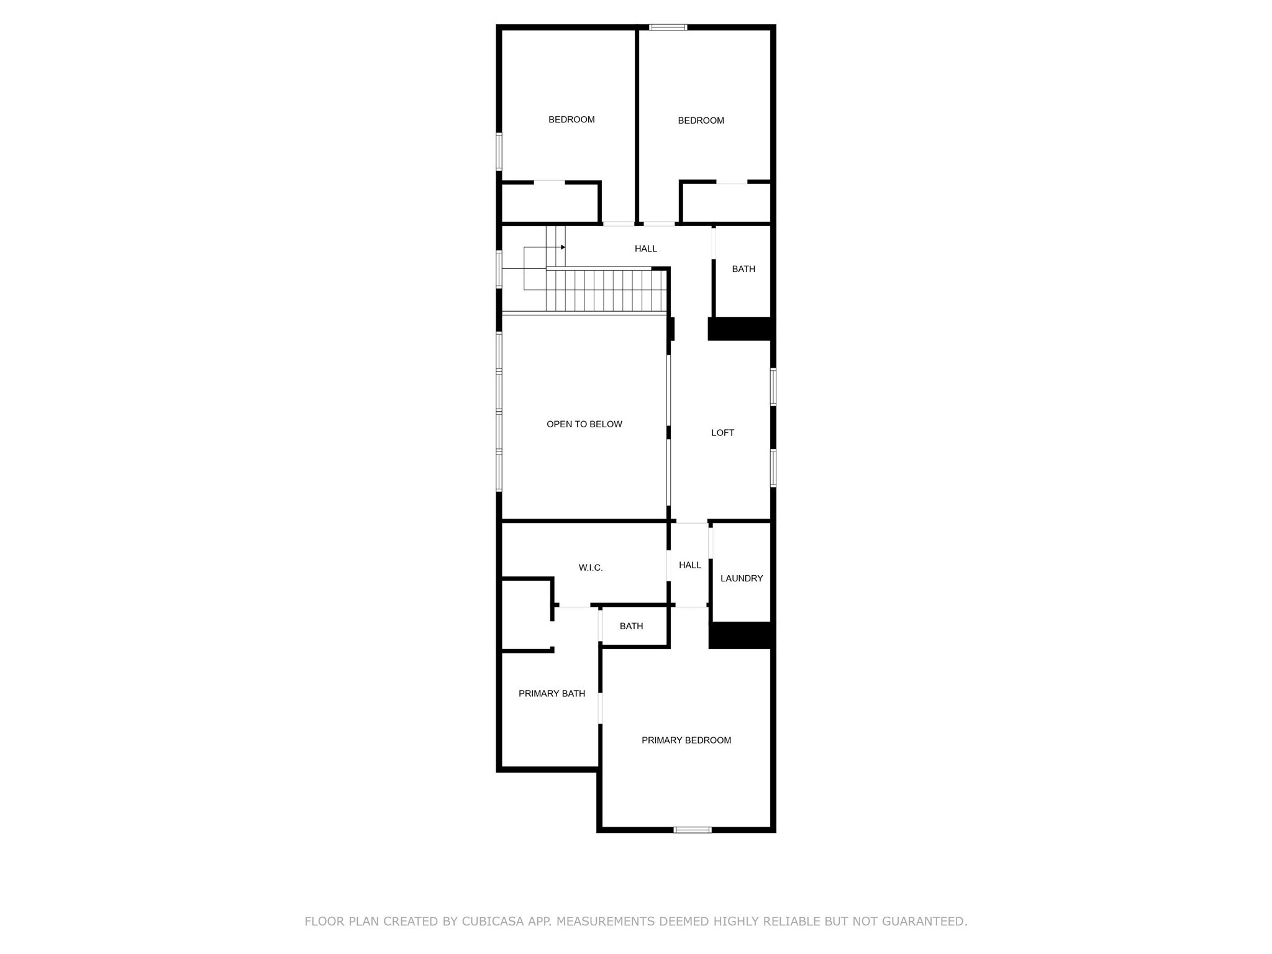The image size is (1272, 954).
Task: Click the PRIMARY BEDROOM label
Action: tap(686, 740)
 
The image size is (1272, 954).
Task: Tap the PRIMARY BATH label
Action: tap(552, 694)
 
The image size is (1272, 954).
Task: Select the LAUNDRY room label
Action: tap(742, 578)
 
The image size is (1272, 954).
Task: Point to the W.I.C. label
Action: tap(591, 568)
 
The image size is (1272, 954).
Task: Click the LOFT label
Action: tap(722, 433)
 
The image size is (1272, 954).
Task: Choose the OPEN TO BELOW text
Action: tap(584, 424)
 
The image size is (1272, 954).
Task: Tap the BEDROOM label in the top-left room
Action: tap(571, 120)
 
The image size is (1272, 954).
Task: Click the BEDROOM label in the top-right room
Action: tap(701, 120)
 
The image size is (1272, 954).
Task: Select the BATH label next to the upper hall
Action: tap(743, 269)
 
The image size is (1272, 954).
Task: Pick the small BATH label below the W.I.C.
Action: tap(631, 626)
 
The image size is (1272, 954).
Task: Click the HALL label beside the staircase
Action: tap(646, 248)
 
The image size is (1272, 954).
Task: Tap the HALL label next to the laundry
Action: tap(690, 565)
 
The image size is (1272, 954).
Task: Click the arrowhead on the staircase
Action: tap(563, 247)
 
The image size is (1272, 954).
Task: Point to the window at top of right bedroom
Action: tap(668, 27)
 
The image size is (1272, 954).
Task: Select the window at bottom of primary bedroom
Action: tap(693, 830)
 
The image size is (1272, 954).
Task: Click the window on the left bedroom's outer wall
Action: tap(499, 151)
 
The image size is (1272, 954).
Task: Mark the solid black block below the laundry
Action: tap(742, 635)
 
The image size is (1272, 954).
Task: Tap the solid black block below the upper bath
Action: tap(741, 329)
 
